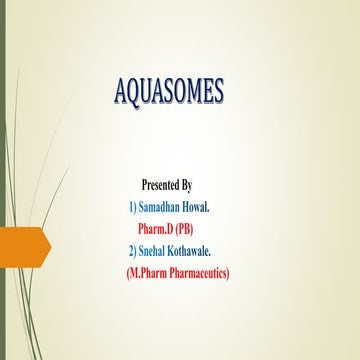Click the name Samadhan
(x=165, y=206)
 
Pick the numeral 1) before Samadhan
(x=133, y=206)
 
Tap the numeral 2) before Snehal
(x=133, y=250)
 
